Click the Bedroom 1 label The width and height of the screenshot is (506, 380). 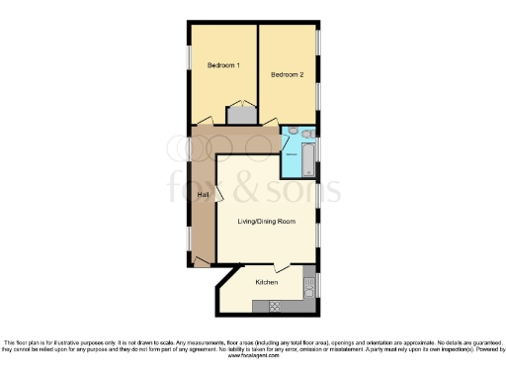click(222, 65)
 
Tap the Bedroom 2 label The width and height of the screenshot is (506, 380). click(287, 73)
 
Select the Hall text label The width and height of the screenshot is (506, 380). click(203, 194)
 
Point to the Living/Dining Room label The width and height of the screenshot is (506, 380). click(267, 221)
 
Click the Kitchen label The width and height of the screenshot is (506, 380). click(267, 282)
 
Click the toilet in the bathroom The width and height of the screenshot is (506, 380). click(307, 134)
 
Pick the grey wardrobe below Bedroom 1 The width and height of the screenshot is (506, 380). click(240, 115)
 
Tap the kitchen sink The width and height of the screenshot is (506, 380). click(309, 287)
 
